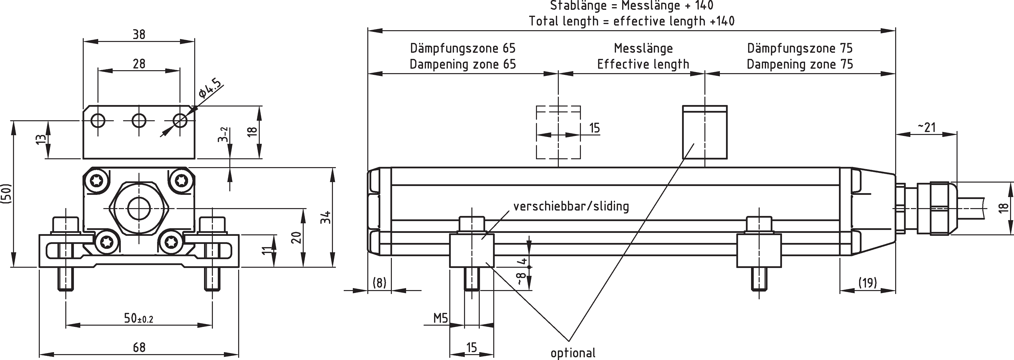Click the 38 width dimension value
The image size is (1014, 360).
click(138, 35)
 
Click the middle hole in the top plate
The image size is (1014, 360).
click(138, 120)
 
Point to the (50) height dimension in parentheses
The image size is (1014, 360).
click(7, 194)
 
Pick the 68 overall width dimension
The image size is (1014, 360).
click(138, 347)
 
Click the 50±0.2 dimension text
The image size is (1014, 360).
click(138, 318)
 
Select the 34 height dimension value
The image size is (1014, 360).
click(325, 217)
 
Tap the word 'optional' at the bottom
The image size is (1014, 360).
click(573, 353)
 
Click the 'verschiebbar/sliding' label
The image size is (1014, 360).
click(571, 206)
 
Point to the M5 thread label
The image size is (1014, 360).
click(440, 318)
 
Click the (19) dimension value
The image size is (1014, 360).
click(867, 282)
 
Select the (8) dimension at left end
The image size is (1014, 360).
click(379, 282)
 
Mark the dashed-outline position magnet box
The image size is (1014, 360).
click(558, 132)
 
